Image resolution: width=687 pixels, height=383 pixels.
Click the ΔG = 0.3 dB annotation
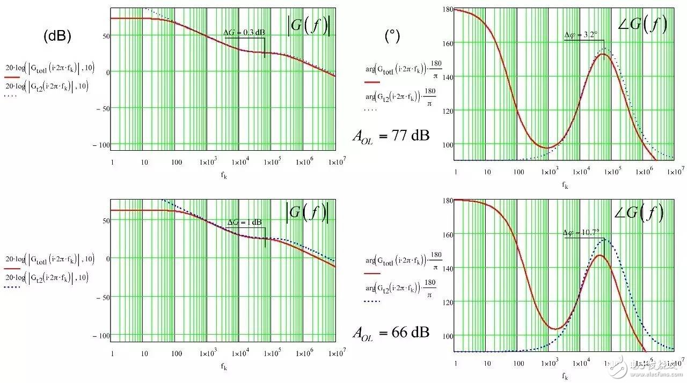click(x=244, y=33)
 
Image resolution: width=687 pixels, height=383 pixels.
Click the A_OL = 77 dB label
click(x=391, y=135)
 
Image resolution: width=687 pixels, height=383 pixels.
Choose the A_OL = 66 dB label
click(x=391, y=333)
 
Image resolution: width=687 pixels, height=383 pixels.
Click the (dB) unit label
click(x=57, y=36)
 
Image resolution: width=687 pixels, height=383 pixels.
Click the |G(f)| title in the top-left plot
click(x=308, y=25)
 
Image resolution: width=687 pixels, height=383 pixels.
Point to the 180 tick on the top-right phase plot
click(x=447, y=9)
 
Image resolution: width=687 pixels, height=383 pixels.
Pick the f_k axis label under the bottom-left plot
click(x=223, y=366)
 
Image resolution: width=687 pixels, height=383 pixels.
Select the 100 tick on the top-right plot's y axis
click(x=447, y=144)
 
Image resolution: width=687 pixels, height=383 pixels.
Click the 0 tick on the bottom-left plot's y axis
click(x=105, y=258)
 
